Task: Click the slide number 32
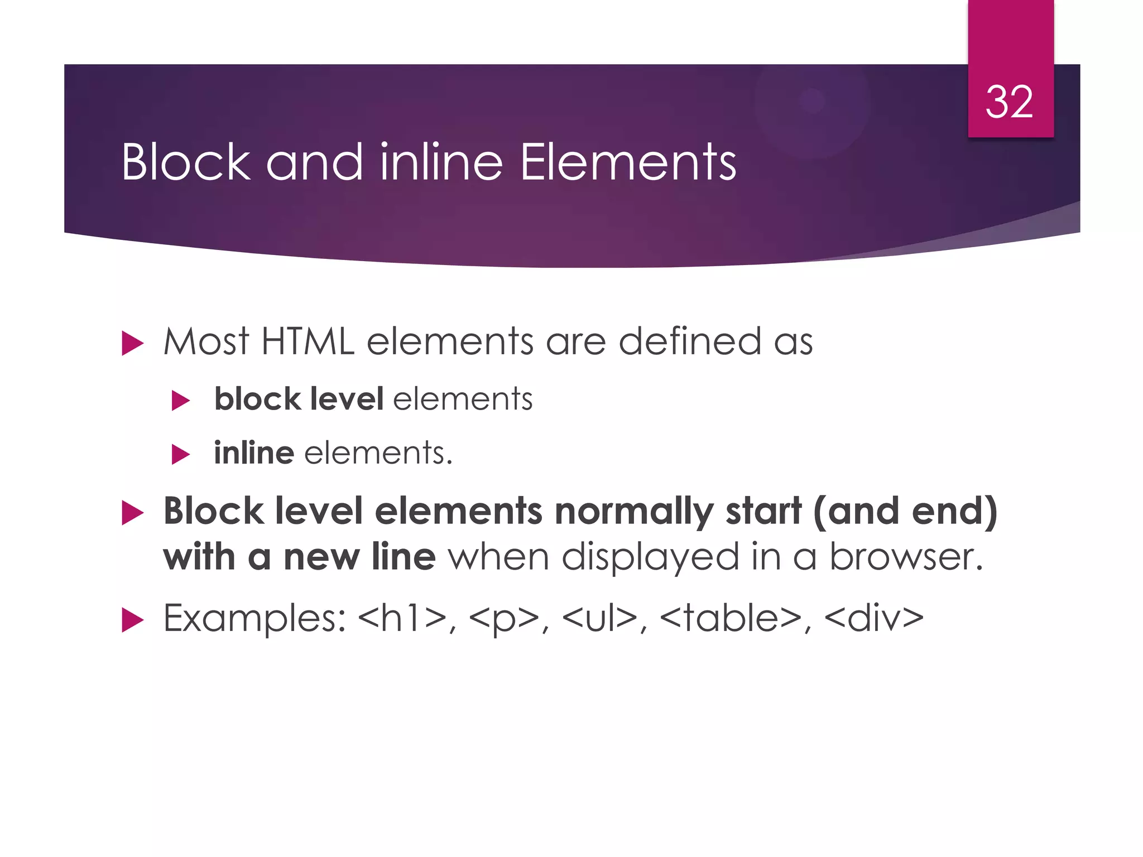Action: (1009, 102)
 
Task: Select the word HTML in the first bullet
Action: (308, 341)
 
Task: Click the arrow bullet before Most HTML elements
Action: (132, 343)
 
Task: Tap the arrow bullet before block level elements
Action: (180, 401)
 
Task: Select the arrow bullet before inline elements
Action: (180, 454)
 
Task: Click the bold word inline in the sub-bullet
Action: (254, 452)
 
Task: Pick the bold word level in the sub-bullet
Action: (347, 399)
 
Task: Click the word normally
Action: (634, 512)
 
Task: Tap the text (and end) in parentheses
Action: (905, 512)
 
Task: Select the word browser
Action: (905, 557)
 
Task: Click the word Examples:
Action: (254, 619)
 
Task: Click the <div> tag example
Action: (873, 619)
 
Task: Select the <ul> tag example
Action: (599, 619)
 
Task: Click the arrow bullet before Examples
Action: (132, 620)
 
